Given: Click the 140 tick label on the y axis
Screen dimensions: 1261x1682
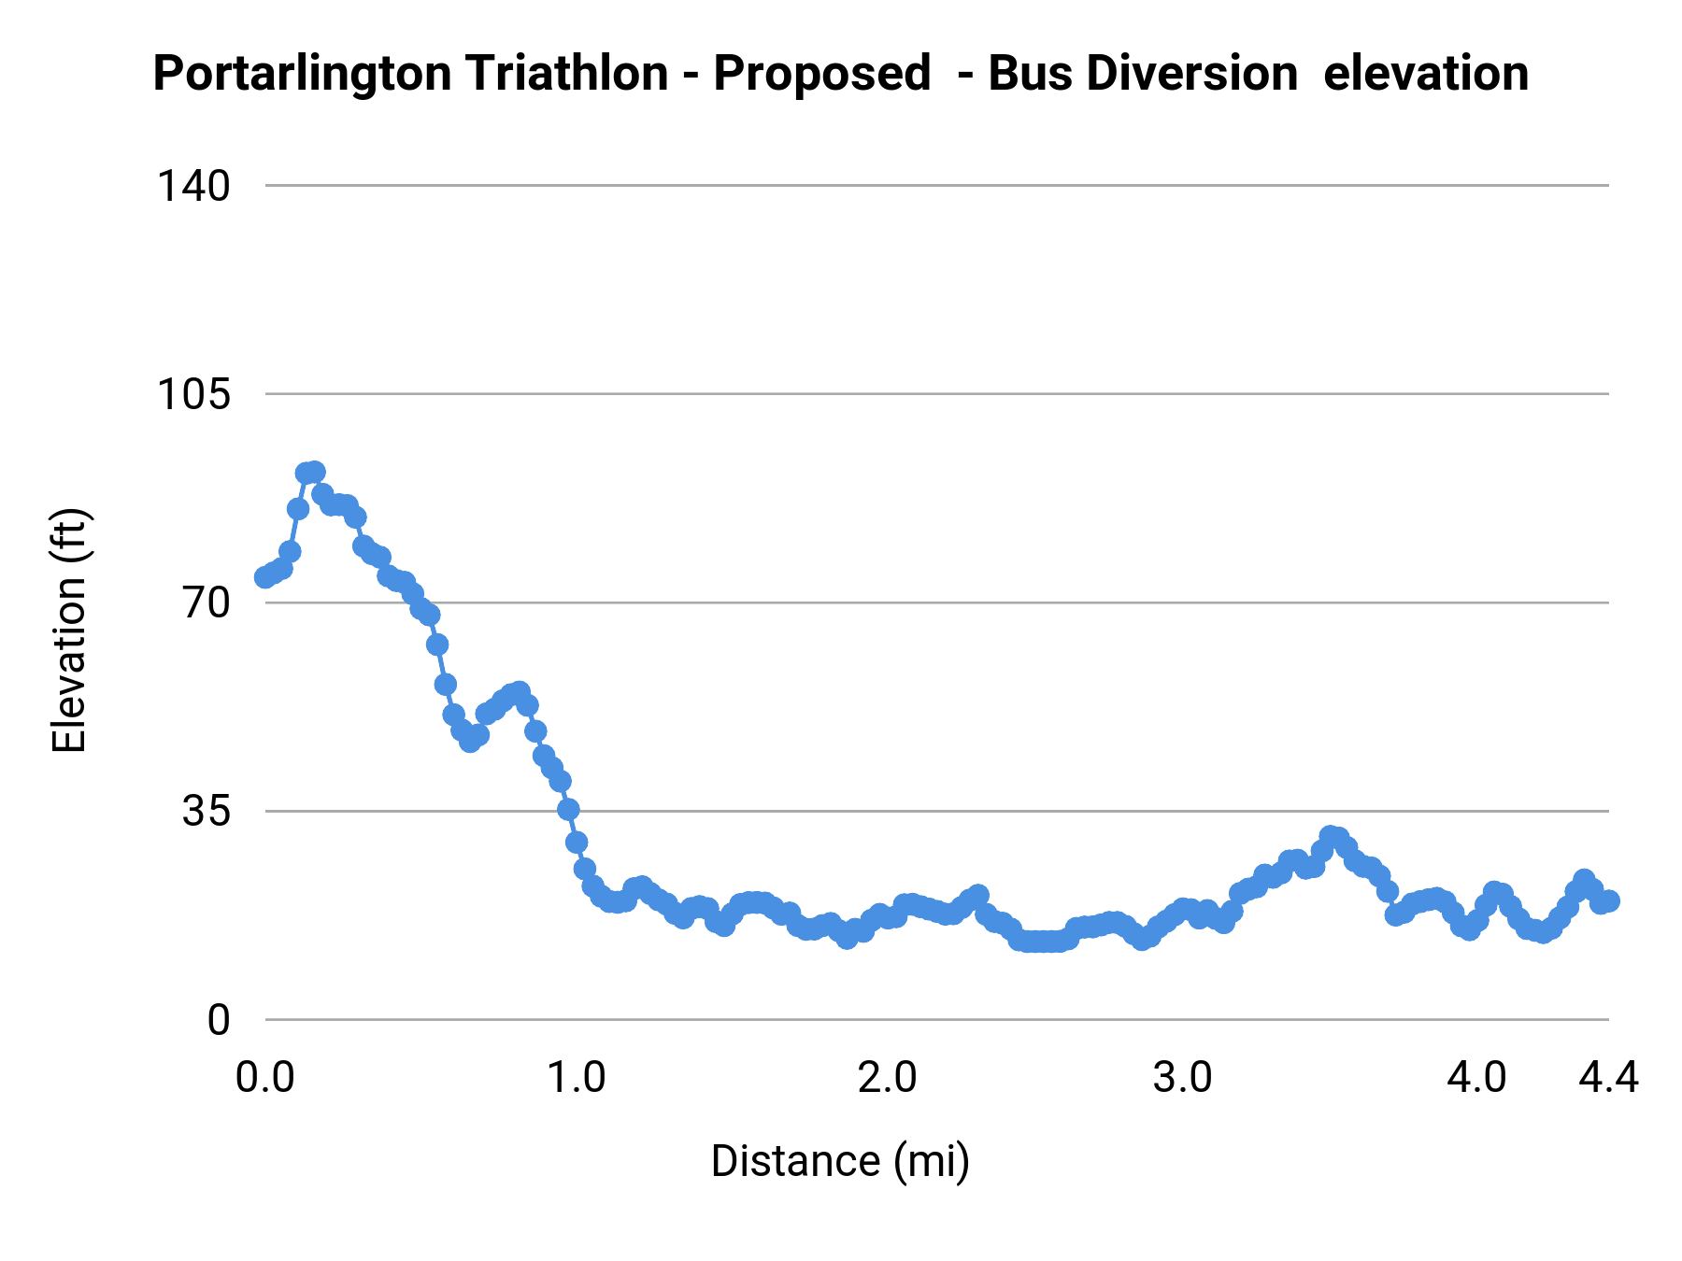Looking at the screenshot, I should [x=192, y=186].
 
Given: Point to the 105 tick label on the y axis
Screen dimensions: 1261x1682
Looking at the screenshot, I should [x=192, y=394].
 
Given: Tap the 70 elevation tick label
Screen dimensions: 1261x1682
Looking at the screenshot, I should [x=206, y=602].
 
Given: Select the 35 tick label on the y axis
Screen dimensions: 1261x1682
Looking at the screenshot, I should [x=206, y=811].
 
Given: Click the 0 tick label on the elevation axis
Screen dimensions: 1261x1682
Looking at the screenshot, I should [x=218, y=1020].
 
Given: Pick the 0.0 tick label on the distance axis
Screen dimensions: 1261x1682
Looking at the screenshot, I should [x=265, y=1078].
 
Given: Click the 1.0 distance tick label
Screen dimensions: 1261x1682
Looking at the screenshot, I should [x=577, y=1078].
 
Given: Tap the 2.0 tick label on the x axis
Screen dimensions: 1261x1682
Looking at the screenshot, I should [x=887, y=1078].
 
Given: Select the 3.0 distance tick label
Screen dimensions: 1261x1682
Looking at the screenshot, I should [x=1182, y=1078].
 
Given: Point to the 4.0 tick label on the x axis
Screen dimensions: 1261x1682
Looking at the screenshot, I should [x=1476, y=1078].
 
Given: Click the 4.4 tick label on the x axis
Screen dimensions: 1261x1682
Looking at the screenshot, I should [x=1608, y=1078].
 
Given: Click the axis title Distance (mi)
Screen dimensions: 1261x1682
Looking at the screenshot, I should [x=840, y=1161].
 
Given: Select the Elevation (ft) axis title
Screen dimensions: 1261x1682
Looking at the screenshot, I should [x=69, y=630].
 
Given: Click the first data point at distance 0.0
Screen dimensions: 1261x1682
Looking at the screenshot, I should [x=265, y=577].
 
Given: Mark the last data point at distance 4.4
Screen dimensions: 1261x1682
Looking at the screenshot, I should [x=1608, y=900].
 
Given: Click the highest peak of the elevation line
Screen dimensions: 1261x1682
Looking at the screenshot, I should [x=315, y=472].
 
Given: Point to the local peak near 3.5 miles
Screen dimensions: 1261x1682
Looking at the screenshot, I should [x=1330, y=836].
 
